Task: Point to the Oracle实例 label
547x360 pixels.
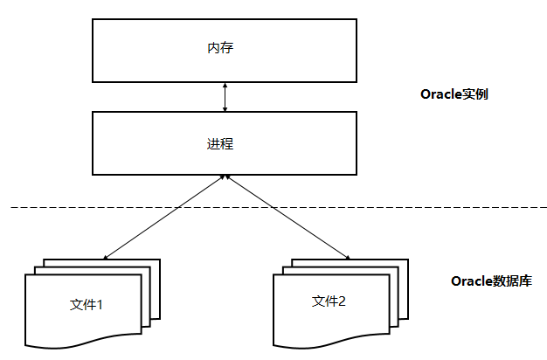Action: [454, 93]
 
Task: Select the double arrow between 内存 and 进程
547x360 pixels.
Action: [225, 96]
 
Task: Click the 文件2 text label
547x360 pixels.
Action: [329, 301]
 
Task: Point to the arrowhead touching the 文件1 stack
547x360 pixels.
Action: [106, 259]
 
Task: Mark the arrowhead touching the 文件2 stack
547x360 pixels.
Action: [348, 259]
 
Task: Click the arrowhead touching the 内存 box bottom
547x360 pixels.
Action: [225, 85]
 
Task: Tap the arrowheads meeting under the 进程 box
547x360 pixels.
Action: [225, 177]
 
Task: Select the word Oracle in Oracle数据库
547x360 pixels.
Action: [470, 281]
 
